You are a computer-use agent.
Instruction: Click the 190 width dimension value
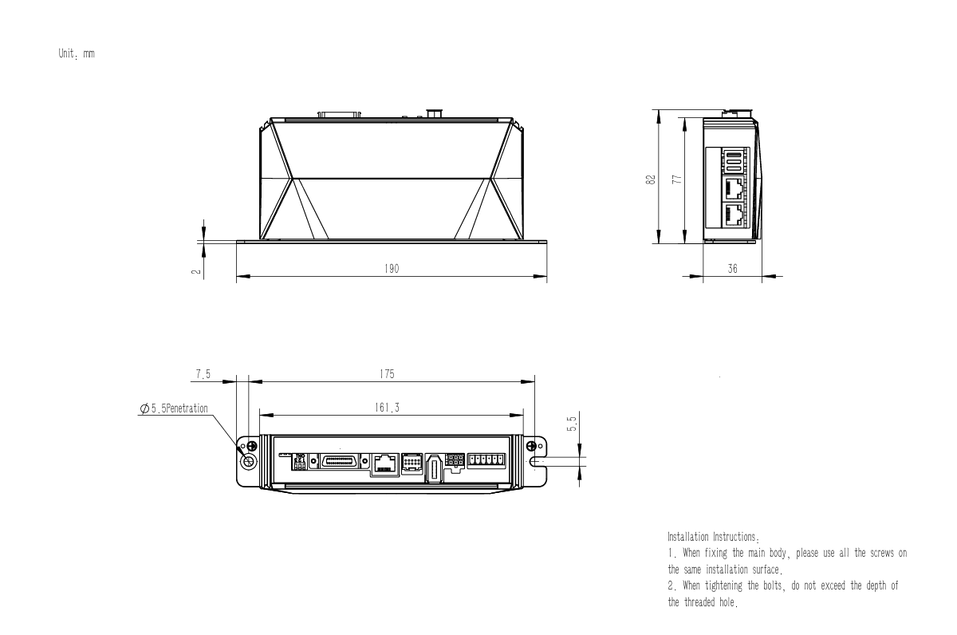392,269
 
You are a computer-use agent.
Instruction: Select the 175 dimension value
387,374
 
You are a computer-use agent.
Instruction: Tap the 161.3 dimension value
387,408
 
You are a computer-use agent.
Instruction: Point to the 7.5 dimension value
203,374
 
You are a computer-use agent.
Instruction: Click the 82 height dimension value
650,179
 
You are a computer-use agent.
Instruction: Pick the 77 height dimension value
677,179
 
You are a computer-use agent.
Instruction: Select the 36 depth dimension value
732,269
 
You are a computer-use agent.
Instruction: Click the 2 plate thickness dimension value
196,271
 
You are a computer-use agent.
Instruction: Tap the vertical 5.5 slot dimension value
572,424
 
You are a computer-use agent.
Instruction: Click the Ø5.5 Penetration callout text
174,408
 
